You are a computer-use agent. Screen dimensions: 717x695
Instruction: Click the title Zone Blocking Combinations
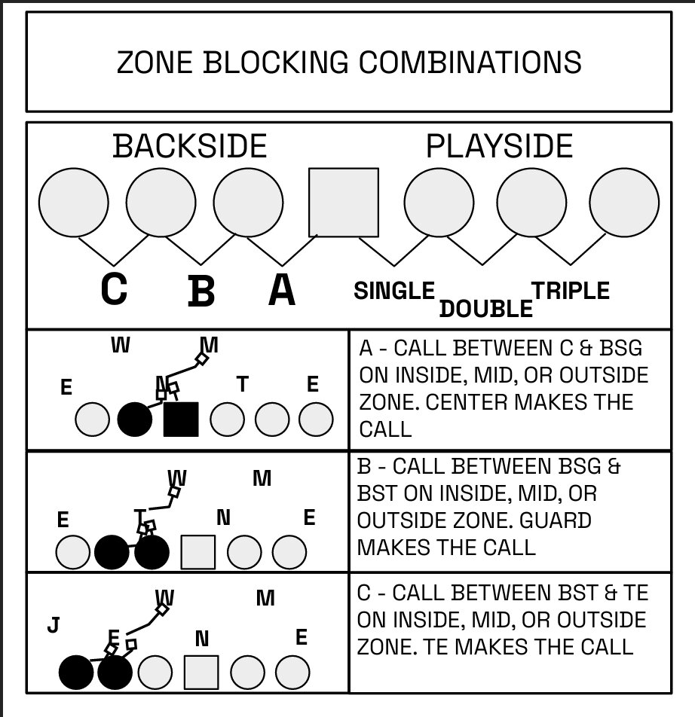[x=348, y=62]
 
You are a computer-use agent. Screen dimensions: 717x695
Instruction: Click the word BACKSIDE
[x=190, y=146]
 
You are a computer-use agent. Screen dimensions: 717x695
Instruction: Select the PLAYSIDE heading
[x=499, y=146]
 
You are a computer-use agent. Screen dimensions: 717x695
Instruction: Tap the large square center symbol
[x=344, y=203]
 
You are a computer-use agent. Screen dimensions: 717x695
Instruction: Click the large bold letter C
[x=114, y=289]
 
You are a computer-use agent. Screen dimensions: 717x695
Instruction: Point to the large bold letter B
[x=201, y=291]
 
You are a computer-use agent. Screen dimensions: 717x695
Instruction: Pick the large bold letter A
[x=282, y=290]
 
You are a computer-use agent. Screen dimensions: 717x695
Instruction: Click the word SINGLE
[x=394, y=291]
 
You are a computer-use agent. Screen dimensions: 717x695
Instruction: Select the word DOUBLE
[x=486, y=308]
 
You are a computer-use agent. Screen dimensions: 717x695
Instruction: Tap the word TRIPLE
[x=571, y=291]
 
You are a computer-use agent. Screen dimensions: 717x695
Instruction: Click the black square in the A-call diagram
[x=181, y=420]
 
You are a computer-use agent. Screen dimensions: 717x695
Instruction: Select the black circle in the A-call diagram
[x=135, y=420]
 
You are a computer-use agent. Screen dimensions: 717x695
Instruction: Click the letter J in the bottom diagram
[x=53, y=625]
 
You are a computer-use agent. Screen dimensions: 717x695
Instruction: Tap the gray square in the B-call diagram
[x=198, y=552]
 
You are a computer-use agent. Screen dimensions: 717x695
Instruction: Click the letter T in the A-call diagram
[x=242, y=385]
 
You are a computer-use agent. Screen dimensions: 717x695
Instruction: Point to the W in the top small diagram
[x=120, y=346]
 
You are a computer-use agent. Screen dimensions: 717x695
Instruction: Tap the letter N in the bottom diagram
[x=201, y=639]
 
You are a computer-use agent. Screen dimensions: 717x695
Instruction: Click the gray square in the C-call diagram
[x=201, y=673]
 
